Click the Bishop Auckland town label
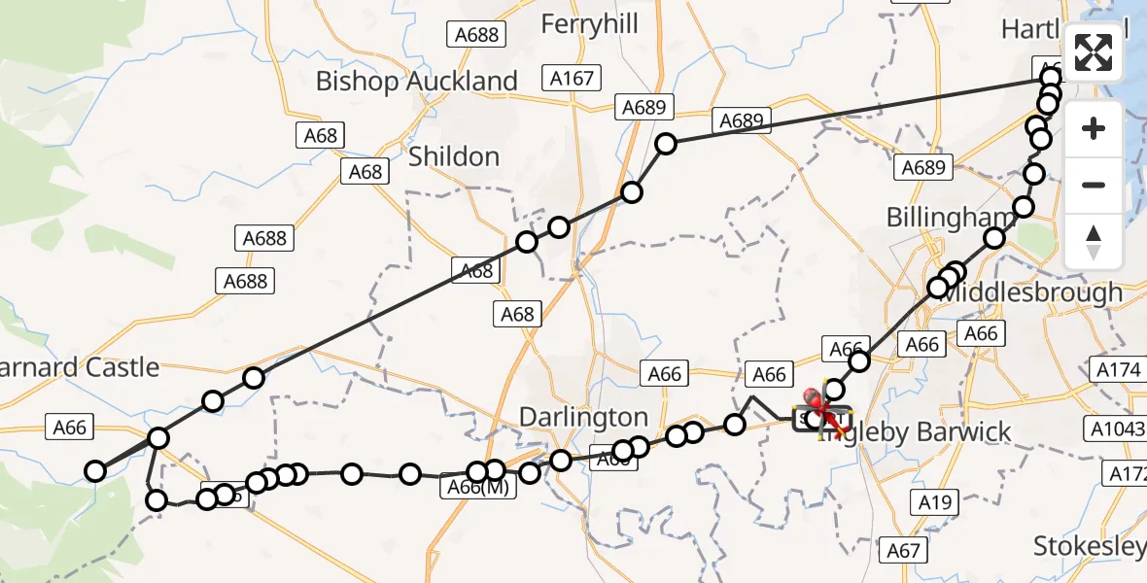coord(416,82)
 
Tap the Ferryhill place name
coord(589,24)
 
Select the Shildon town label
coord(454,156)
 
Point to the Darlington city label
coord(583,417)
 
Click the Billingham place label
coord(936,218)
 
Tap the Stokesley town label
coord(1089,546)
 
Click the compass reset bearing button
coord(1094,241)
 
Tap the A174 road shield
coord(1119,370)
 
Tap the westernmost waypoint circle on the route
coord(95,472)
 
